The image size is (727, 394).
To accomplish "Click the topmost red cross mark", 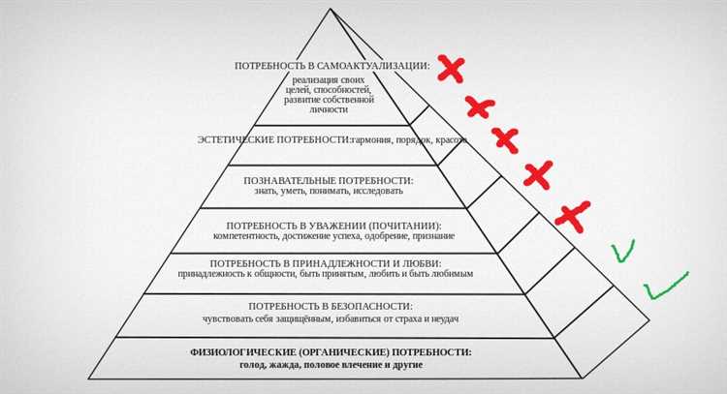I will point(450,69).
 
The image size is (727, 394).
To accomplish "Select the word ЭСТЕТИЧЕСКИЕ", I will point(237,139).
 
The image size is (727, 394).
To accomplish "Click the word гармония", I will point(378,140).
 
